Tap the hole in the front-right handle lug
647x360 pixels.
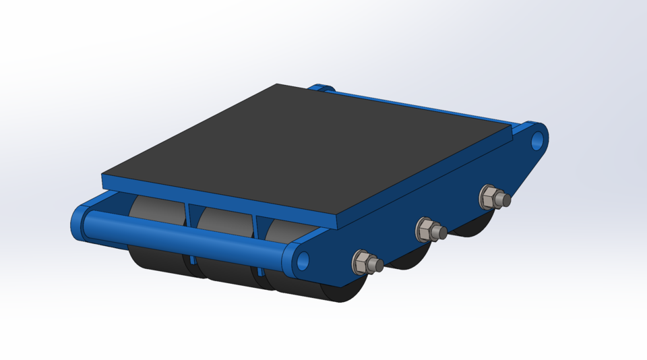pos(302,259)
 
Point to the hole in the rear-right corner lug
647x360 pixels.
pos(537,140)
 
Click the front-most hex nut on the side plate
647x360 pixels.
pos(361,262)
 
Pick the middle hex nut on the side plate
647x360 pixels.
pos(425,229)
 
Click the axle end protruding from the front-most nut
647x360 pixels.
pos(378,266)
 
